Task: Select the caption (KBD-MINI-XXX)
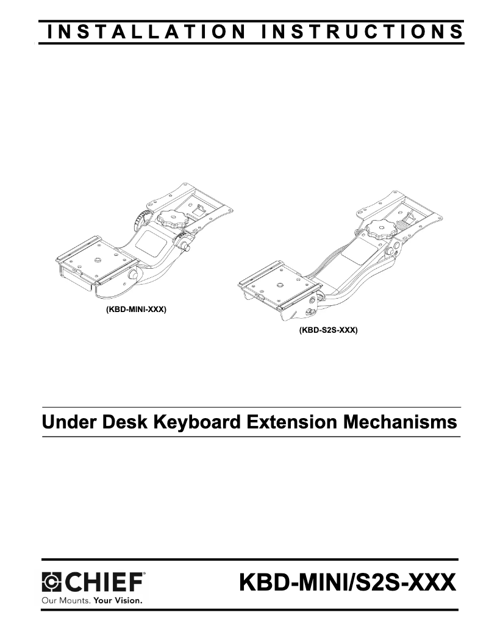pyautogui.click(x=133, y=309)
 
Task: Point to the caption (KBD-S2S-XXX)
pyautogui.click(x=328, y=330)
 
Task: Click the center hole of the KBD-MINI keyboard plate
pyautogui.click(x=96, y=263)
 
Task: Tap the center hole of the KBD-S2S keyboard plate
pyautogui.click(x=279, y=284)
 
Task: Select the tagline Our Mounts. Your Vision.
pyautogui.click(x=91, y=600)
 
